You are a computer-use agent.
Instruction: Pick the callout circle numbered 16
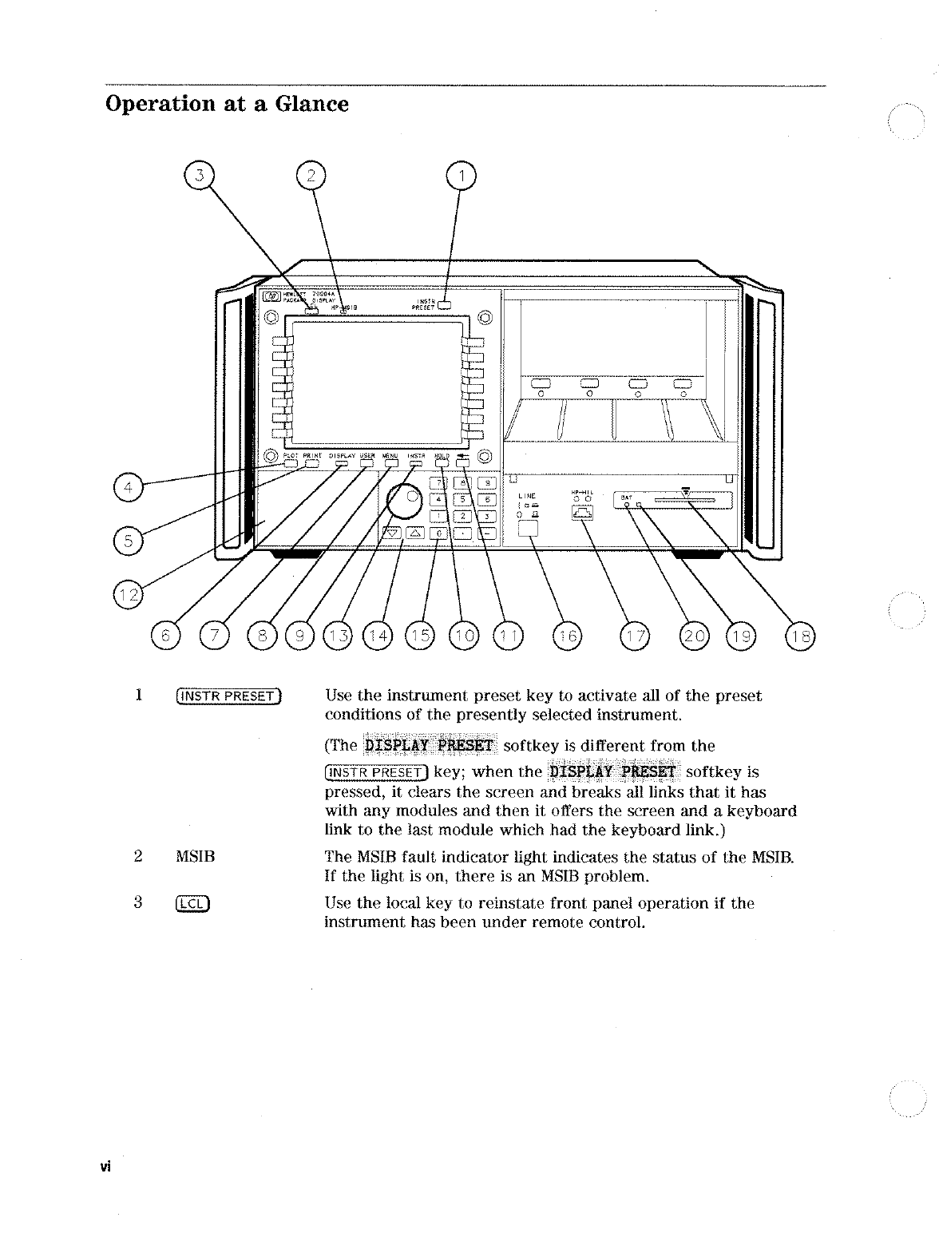[x=568, y=636]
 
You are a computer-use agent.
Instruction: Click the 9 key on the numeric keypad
[x=486, y=482]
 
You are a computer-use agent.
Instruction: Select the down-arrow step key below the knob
[x=393, y=534]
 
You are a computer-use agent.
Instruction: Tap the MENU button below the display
[x=390, y=462]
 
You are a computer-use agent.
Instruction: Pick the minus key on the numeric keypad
[x=486, y=533]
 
